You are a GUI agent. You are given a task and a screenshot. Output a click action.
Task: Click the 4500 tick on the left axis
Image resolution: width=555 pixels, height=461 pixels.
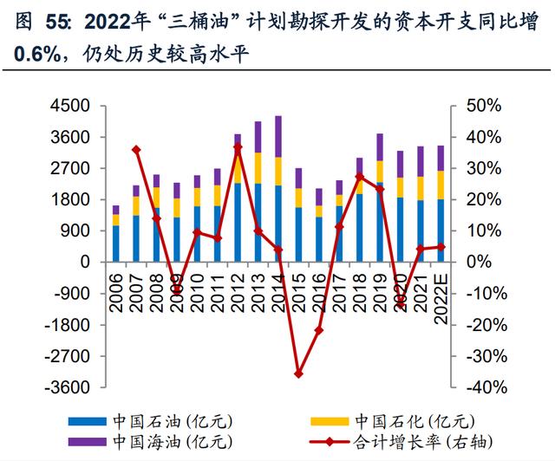[75, 106]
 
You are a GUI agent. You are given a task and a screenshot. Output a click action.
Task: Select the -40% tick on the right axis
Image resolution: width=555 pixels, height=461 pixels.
[478, 387]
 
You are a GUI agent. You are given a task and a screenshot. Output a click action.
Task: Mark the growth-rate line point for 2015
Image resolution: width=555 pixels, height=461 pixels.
[299, 373]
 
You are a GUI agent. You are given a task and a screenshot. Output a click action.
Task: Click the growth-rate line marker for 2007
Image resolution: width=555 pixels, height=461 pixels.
[136, 150]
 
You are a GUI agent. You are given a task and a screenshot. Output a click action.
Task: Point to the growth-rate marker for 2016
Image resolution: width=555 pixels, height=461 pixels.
[319, 330]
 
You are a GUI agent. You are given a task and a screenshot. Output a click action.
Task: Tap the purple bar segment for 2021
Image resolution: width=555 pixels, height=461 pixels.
[421, 161]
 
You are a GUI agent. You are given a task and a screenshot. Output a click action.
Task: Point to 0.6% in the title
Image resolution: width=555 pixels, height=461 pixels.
[35, 55]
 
